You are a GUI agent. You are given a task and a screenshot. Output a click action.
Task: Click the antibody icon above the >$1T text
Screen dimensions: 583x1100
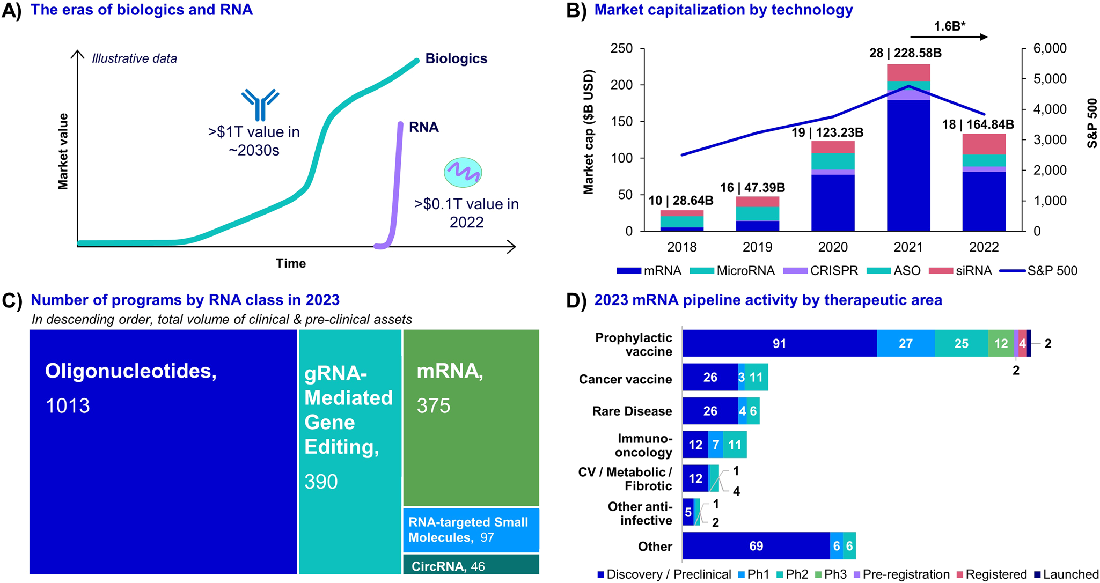pos(260,104)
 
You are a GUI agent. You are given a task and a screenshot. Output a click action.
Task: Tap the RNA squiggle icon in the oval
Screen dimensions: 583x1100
pos(463,172)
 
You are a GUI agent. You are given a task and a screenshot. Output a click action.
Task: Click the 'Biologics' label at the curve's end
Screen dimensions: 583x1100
pos(456,58)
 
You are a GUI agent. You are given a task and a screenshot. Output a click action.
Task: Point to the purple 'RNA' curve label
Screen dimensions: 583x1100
pos(423,127)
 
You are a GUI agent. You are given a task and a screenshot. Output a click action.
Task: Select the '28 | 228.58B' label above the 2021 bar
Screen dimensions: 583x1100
pos(905,53)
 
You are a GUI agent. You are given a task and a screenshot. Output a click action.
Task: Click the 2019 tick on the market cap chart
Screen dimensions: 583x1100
pos(757,247)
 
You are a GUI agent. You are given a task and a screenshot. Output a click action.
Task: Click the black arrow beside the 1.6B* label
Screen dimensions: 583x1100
pos(949,37)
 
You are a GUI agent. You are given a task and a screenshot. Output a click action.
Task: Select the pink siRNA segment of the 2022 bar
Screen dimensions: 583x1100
pos(984,144)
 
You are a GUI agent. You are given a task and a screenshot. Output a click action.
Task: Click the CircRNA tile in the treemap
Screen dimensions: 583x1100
pos(471,565)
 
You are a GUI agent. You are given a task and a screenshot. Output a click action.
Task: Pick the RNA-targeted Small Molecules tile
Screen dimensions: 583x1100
pos(471,530)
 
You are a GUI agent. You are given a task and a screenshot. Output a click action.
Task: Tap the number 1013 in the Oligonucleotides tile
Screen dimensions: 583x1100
pos(68,406)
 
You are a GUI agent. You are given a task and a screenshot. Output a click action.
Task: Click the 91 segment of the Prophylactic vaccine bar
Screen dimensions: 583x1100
pos(779,344)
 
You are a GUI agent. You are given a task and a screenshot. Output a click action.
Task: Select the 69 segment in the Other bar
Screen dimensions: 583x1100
pos(756,547)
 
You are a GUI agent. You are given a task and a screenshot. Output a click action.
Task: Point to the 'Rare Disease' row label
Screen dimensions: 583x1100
pos(632,411)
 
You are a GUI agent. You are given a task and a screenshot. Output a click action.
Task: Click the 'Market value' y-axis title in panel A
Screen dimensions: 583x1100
pos(63,151)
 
